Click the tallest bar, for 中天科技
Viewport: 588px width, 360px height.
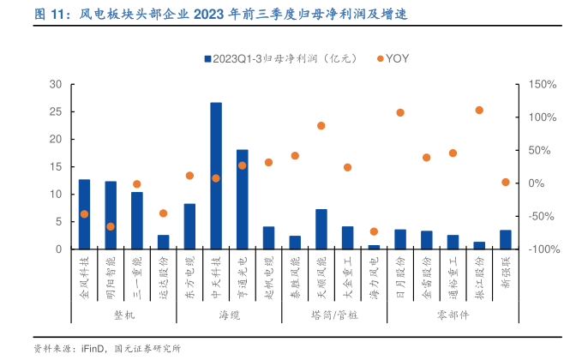216,176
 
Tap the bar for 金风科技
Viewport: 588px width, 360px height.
84,214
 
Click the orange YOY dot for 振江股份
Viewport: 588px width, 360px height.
479,111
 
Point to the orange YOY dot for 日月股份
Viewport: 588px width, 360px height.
400,112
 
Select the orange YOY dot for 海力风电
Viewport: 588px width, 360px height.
374,231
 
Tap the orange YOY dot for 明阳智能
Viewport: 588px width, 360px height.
111,226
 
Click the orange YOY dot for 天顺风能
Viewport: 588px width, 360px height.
321,126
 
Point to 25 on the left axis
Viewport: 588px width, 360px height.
57,112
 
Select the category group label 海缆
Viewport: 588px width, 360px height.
229,315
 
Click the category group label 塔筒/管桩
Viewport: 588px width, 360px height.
334,315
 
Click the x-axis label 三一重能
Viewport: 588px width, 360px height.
137,275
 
